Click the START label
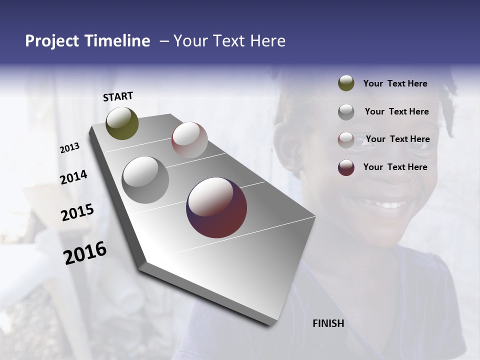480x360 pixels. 118,96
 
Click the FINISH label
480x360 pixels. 328,323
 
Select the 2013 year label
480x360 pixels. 70,148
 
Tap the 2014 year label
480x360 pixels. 73,177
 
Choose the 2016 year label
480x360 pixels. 85,253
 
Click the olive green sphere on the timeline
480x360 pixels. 122,123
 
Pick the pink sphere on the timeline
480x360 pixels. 189,140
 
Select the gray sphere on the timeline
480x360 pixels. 145,179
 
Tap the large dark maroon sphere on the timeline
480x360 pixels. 216,207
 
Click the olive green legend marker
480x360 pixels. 346,83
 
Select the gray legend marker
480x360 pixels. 346,111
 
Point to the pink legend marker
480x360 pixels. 346,139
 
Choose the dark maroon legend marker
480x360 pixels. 346,167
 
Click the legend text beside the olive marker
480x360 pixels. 395,83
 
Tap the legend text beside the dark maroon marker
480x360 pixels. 395,167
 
